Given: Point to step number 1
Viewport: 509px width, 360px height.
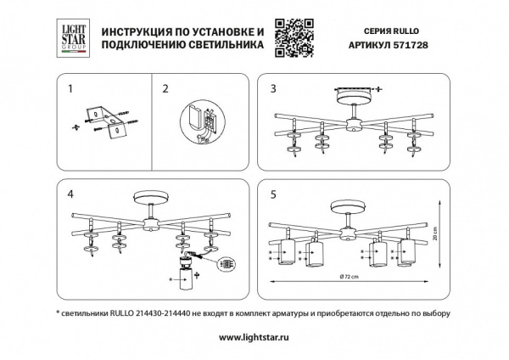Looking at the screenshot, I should pyautogui.click(x=70, y=87).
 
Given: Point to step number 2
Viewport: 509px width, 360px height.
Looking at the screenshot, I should pyautogui.click(x=165, y=87).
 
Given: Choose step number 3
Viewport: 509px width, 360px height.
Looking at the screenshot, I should pyautogui.click(x=273, y=87).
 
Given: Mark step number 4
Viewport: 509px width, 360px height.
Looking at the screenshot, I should pyautogui.click(x=70, y=194).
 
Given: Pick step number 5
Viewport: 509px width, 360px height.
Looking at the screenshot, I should pyautogui.click(x=273, y=194).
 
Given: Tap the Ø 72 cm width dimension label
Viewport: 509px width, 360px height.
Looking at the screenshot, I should pyautogui.click(x=350, y=279).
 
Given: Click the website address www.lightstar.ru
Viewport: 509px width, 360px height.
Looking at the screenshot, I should pyautogui.click(x=254, y=337).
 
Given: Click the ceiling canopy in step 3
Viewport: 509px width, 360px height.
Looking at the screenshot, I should pyautogui.click(x=350, y=93).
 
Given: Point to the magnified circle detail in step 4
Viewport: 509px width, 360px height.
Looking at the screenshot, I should pyautogui.click(x=227, y=265).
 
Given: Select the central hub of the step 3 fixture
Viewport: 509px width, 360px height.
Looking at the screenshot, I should pyautogui.click(x=351, y=123).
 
